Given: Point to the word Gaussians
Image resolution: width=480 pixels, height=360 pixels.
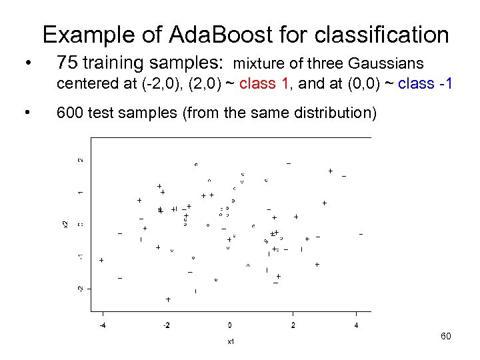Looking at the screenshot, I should (x=387, y=65).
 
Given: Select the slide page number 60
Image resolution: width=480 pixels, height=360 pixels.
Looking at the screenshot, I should (x=446, y=336).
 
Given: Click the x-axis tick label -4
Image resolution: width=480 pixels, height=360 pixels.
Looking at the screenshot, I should (x=102, y=325).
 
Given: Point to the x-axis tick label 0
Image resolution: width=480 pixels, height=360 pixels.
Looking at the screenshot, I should (x=229, y=325).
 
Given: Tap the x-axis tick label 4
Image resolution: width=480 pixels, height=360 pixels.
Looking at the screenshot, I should (x=356, y=325).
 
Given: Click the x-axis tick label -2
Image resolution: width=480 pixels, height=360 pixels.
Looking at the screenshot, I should (x=166, y=325).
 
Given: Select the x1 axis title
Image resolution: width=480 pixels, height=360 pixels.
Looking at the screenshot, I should (x=229, y=341).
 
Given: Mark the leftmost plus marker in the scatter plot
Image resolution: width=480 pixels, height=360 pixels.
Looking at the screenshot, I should (x=101, y=260).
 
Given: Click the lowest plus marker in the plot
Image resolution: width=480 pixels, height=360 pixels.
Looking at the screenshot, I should (x=168, y=300).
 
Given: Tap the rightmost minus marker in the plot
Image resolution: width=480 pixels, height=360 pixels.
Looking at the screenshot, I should (x=361, y=234).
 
